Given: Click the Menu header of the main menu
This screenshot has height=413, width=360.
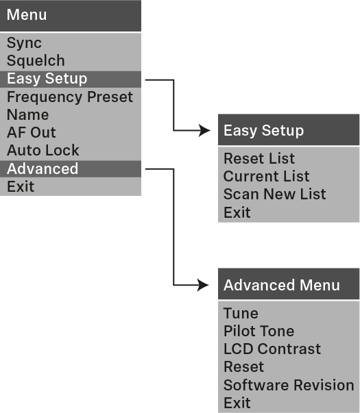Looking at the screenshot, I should (x=70, y=16).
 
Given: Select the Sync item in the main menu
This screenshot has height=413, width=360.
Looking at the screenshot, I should (x=25, y=43).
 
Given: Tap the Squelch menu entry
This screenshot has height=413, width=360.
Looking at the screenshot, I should (x=36, y=61).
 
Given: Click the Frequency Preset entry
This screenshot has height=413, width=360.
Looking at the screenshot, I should (x=70, y=97).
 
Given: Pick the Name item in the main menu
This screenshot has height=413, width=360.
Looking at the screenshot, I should (x=28, y=114).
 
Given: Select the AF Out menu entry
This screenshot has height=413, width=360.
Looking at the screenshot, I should (x=32, y=132).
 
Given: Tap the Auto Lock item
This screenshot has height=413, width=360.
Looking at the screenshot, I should (x=43, y=150).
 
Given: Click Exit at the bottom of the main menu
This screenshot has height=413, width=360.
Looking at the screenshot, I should (x=21, y=186).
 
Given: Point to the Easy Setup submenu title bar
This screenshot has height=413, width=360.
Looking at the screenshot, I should (x=289, y=130).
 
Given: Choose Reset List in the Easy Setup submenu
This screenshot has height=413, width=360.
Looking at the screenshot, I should (x=259, y=158).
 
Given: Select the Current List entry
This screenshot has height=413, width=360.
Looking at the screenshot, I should (x=267, y=176).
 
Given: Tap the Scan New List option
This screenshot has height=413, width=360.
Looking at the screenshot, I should (x=275, y=194).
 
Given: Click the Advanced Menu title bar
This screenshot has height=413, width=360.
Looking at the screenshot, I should (x=289, y=285).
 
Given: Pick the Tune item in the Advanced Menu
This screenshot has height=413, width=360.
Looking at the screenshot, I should (x=241, y=313).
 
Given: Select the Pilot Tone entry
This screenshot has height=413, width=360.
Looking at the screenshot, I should (x=259, y=331).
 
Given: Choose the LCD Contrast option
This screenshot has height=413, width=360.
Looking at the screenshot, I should (x=272, y=349).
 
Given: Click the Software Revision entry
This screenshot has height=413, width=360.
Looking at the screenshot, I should (x=289, y=385).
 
